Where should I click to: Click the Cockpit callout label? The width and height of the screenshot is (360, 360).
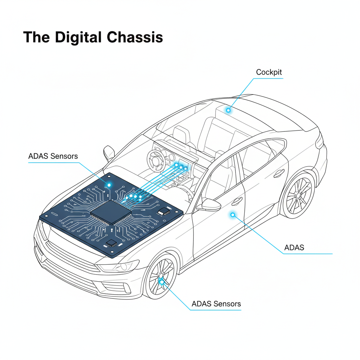click(x=269, y=72)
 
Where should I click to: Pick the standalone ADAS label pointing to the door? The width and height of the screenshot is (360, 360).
click(x=294, y=247)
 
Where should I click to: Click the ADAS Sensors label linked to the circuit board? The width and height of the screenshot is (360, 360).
click(x=53, y=156)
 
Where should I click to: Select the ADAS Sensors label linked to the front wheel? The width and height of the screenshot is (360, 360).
click(x=216, y=304)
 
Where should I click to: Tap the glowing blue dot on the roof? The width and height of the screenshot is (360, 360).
click(x=228, y=110)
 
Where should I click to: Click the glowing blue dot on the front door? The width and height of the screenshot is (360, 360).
click(x=232, y=214)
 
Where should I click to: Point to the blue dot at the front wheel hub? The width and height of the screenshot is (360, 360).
click(x=161, y=281)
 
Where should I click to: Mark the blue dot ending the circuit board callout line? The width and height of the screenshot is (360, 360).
click(x=109, y=184)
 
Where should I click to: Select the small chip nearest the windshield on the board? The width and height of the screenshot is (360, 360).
click(x=164, y=211)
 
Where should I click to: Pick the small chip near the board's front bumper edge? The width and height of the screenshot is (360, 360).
click(x=111, y=243)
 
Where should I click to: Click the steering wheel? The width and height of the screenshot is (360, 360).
click(x=155, y=160)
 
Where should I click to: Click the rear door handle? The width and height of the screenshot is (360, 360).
click(x=279, y=173)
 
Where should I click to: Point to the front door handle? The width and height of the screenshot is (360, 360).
click(x=237, y=201)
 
